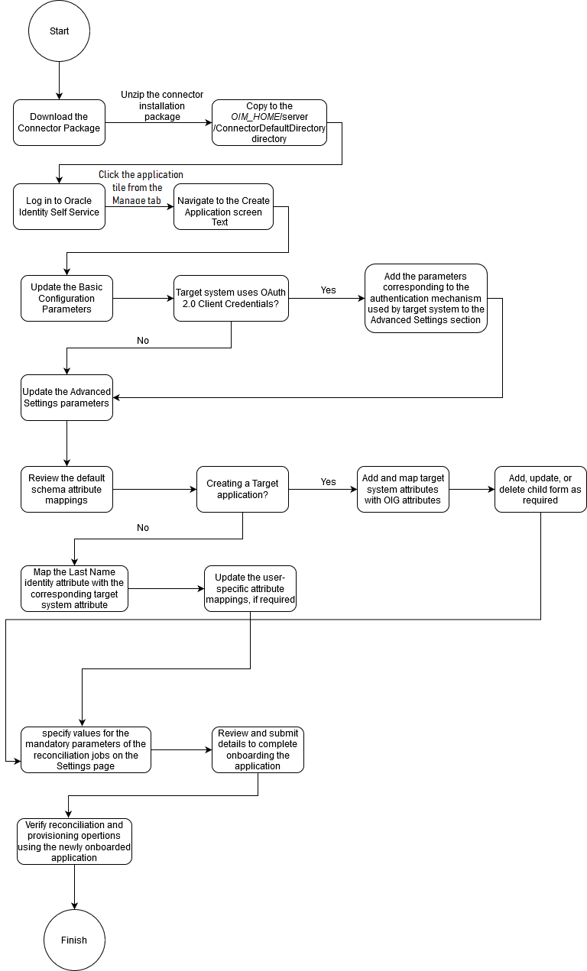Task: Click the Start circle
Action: (x=59, y=31)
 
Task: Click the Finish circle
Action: (x=74, y=940)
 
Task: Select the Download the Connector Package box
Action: (x=59, y=122)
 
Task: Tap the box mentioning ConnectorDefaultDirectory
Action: (x=269, y=122)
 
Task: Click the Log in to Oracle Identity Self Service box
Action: (x=59, y=206)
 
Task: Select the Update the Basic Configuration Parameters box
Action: (x=66, y=298)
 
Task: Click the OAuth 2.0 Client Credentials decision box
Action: (x=231, y=298)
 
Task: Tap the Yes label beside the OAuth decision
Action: (x=328, y=290)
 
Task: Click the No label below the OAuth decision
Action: (x=143, y=341)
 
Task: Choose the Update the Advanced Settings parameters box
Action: (x=66, y=397)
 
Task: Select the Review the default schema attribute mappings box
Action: (x=66, y=489)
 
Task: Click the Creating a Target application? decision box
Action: (x=242, y=489)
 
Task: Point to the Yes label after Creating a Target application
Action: (x=328, y=482)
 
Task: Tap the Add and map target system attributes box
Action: (x=403, y=489)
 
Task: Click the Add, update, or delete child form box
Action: (x=540, y=489)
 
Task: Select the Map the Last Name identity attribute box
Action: (x=74, y=588)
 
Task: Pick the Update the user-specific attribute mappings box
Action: (x=250, y=588)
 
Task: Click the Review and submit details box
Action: (x=258, y=749)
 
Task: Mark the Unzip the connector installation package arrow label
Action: (x=162, y=105)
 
